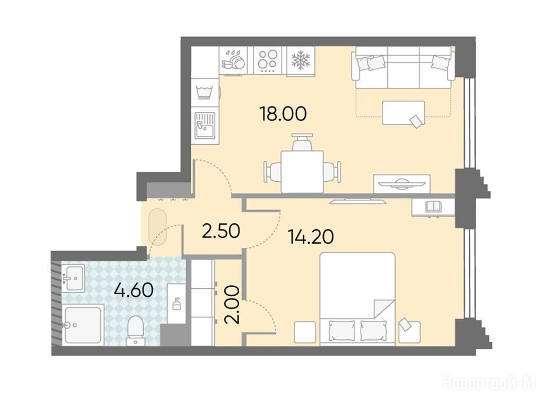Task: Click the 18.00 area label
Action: [283, 114]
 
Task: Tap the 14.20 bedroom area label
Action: [311, 237]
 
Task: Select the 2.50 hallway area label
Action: [221, 231]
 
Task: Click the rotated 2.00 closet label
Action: [232, 305]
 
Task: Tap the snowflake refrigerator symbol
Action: [300, 60]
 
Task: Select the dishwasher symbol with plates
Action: [234, 60]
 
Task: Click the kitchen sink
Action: [205, 125]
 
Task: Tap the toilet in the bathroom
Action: [135, 331]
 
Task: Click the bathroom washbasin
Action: [73, 278]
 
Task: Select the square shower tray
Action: [83, 325]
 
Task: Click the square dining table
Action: [302, 172]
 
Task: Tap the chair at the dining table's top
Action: [302, 142]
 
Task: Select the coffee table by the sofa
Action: [404, 113]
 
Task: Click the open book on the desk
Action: [433, 207]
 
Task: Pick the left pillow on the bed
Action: [341, 331]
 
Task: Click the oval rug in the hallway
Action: [157, 227]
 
